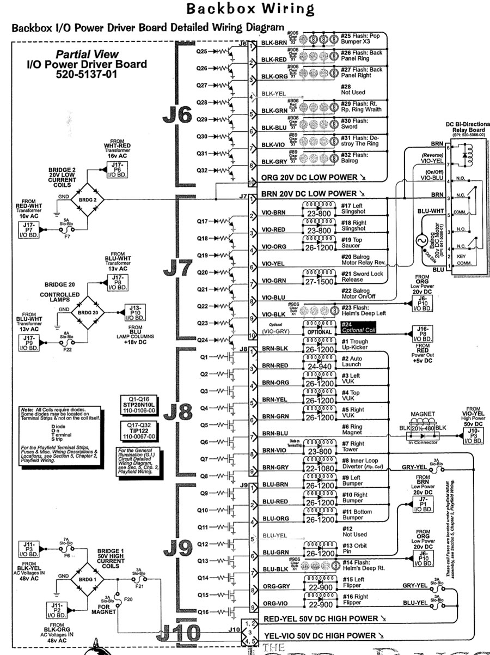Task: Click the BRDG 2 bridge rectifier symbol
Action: (87, 199)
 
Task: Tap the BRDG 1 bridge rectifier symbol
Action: (88, 576)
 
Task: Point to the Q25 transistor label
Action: (201, 52)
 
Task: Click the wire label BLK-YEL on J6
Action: (274, 93)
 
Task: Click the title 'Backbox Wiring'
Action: (250, 9)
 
